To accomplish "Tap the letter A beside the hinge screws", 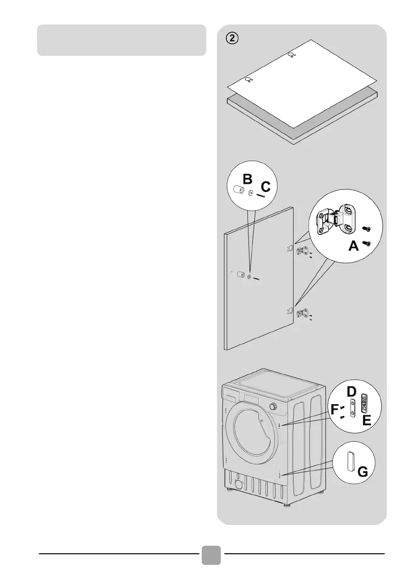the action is [353, 246].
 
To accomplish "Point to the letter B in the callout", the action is [247, 180].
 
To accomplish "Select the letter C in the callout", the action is [266, 187].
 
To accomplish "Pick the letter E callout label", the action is [367, 421].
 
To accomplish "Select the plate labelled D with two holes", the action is [353, 407].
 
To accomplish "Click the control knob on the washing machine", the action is [274, 406].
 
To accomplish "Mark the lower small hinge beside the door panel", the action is [302, 313].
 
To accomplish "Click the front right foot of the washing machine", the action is [287, 505].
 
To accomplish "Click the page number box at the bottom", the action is [210, 555].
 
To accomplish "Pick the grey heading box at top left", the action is [122, 40].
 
